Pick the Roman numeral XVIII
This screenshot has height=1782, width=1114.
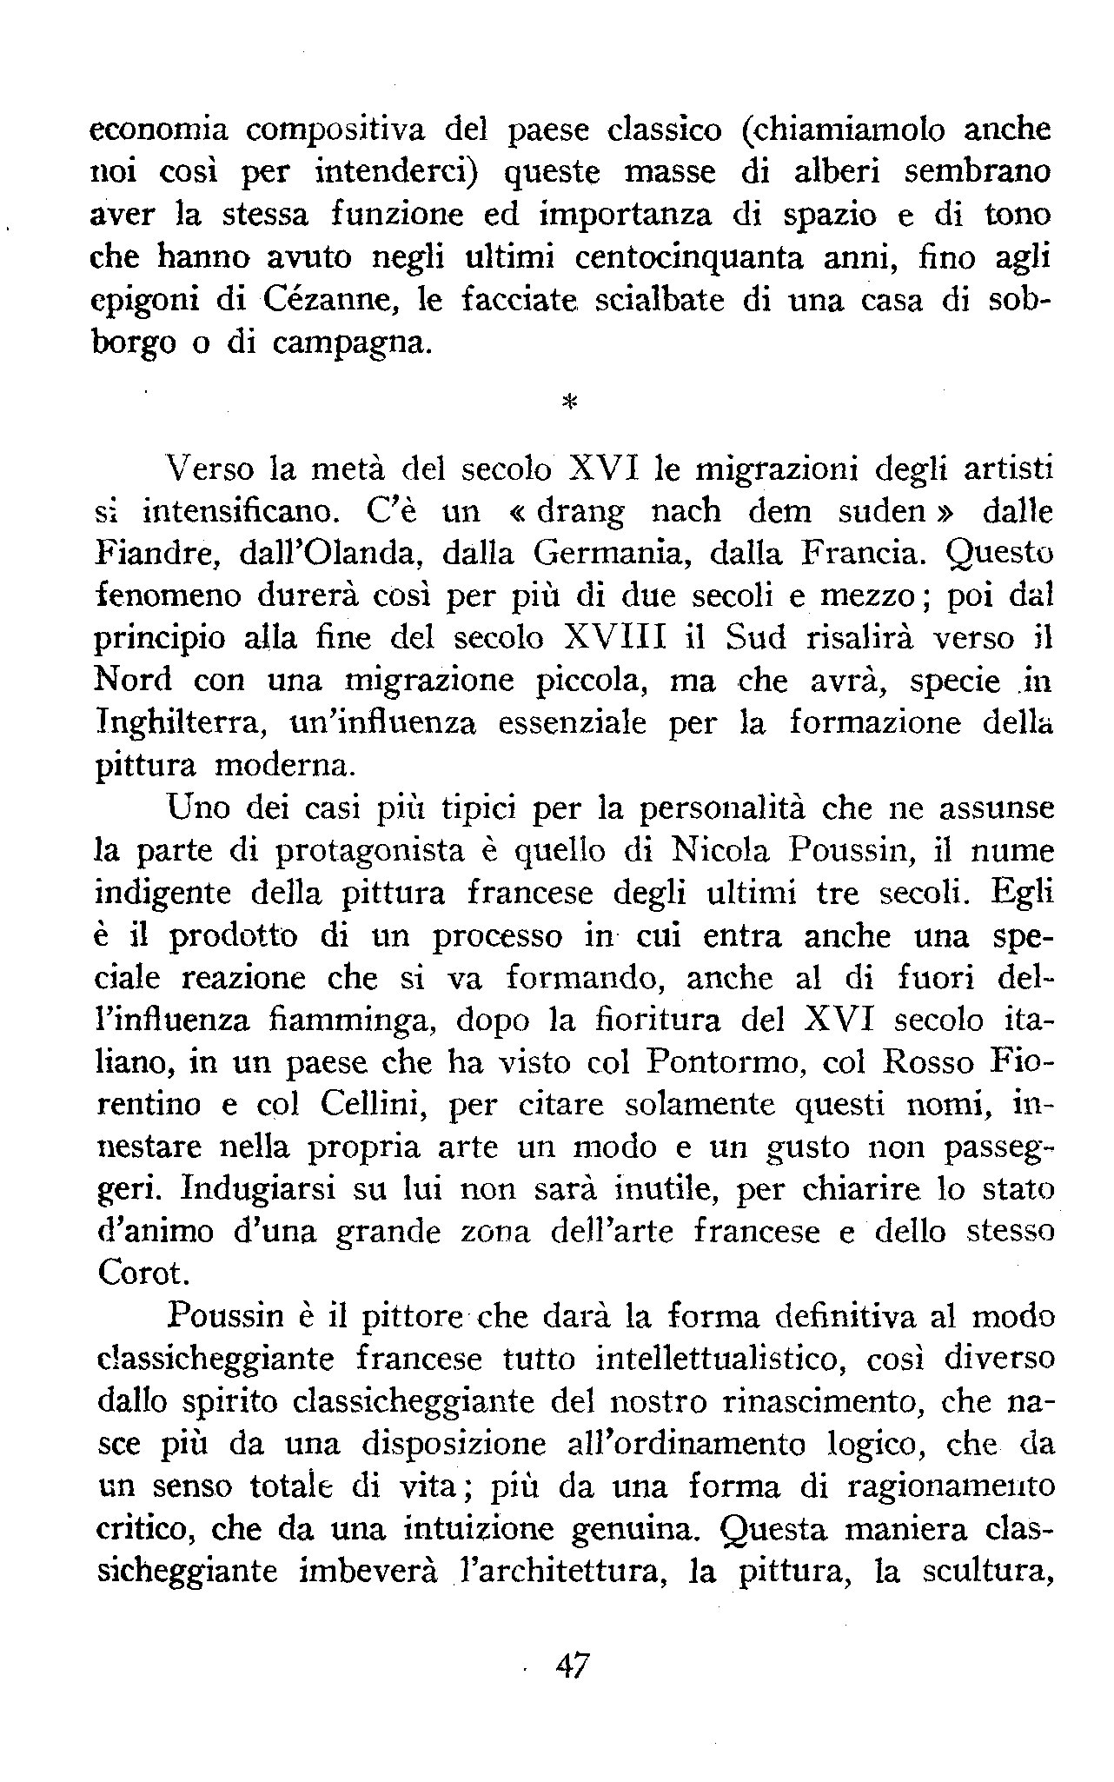tap(614, 638)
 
